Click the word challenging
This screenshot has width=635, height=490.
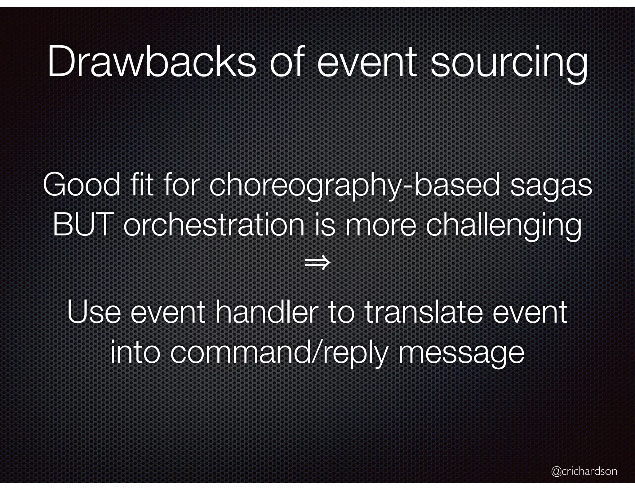504,226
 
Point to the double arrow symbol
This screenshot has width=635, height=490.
317,263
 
